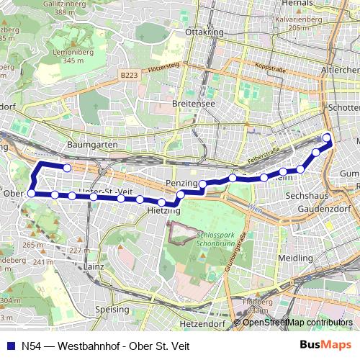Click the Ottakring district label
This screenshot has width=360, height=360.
(x=201, y=33)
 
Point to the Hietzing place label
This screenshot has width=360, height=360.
(x=163, y=212)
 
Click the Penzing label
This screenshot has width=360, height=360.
(x=181, y=184)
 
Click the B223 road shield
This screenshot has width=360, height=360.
(x=130, y=75)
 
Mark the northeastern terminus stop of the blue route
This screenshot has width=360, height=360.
(x=327, y=138)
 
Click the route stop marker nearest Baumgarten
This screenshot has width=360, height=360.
(x=67, y=168)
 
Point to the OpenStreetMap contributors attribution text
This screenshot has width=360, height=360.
(x=297, y=322)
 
